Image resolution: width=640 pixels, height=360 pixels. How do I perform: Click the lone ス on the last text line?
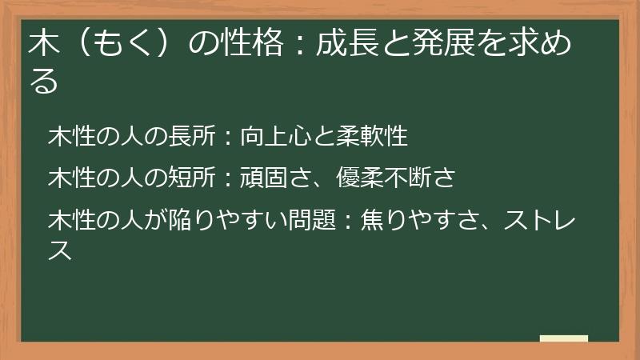60,250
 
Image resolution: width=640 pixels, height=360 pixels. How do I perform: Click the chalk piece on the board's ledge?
564,338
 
